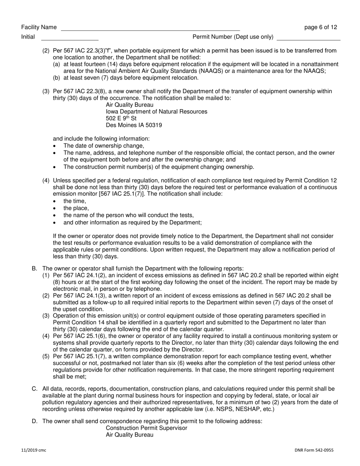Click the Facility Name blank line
[150, 29]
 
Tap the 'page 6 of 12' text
[321, 27]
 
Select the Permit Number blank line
[308, 38]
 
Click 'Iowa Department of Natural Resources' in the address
[157, 111]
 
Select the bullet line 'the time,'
[75, 201]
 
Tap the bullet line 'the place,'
[76, 208]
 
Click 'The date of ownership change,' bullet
[104, 145]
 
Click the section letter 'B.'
[34, 268]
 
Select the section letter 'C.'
[34, 389]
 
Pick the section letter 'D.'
[34, 421]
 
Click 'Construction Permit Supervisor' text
[146, 428]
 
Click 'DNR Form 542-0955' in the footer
[314, 450]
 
